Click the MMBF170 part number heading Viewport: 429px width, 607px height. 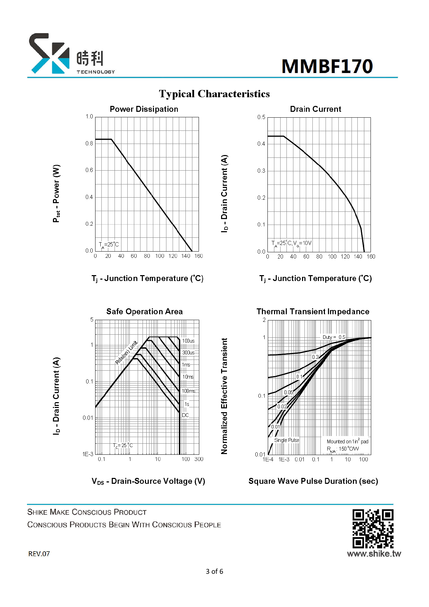[x=327, y=66]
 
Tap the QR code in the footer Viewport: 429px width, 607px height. [x=373, y=529]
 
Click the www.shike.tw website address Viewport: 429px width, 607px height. [x=374, y=554]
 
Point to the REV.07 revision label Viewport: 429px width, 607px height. [x=39, y=554]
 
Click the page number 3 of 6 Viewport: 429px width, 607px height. [x=214, y=571]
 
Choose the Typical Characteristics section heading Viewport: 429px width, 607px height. [x=214, y=94]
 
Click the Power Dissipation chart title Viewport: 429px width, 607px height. [x=144, y=109]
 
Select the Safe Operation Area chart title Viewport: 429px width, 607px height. [x=144, y=311]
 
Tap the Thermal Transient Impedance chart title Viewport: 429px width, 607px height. [x=313, y=311]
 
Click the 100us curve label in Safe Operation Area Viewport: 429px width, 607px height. [x=188, y=341]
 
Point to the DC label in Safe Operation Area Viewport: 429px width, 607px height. [x=185, y=415]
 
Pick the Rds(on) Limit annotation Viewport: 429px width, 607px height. [x=126, y=353]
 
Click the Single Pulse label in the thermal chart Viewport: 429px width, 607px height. [x=286, y=440]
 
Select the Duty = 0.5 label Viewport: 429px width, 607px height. [x=334, y=337]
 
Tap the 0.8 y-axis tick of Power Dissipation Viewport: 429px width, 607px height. [x=89, y=143]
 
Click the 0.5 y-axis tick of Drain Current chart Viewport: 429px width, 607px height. [x=261, y=117]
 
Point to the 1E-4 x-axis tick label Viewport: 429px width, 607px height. [x=268, y=460]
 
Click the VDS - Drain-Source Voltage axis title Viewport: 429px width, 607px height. [x=148, y=481]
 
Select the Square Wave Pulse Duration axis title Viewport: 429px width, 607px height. [x=313, y=481]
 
